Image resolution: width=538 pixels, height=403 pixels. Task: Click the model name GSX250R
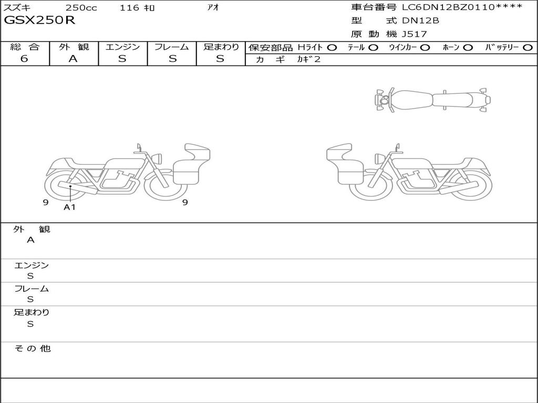coord(39,20)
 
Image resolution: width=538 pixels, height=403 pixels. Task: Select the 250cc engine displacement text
coord(81,7)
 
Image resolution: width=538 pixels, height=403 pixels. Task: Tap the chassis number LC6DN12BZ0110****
coord(462,7)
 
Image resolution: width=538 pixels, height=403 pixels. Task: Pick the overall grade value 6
coord(24,59)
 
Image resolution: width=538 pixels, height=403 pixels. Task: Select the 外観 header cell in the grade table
coord(74,47)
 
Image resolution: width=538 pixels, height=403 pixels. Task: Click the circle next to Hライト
coord(332,48)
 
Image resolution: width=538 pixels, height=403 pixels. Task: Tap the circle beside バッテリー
coord(527,48)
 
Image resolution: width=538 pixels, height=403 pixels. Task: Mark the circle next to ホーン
coord(468,48)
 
